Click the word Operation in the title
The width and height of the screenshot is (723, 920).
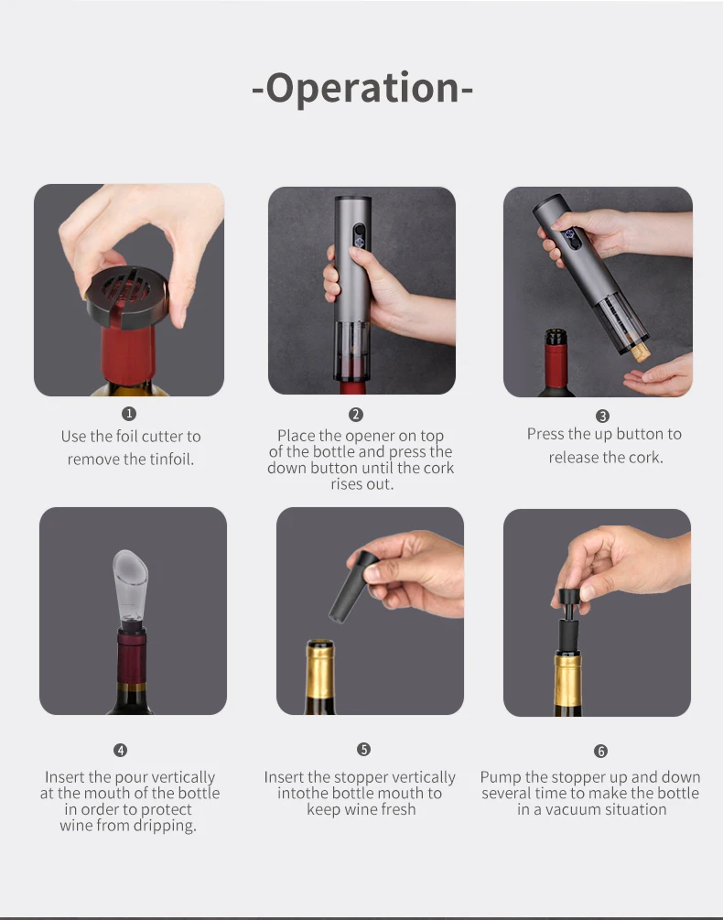coord(362,89)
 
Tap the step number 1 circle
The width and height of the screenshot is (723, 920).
coord(129,414)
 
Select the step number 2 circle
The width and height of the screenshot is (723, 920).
coord(355,415)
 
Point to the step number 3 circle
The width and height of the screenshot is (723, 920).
coord(602,416)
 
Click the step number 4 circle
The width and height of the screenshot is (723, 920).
coord(120,750)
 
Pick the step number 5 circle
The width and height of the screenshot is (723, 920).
coord(363,749)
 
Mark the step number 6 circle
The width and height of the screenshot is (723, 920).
coord(600,751)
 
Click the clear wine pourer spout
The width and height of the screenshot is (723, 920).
coord(131,587)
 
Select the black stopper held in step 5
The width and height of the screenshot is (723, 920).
coord(352,587)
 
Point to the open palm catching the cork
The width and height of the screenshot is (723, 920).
coord(659,375)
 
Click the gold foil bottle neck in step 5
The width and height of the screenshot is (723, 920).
coord(320,674)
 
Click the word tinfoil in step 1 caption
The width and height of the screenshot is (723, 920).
coord(170,459)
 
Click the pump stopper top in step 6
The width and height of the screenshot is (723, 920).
coord(568,597)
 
